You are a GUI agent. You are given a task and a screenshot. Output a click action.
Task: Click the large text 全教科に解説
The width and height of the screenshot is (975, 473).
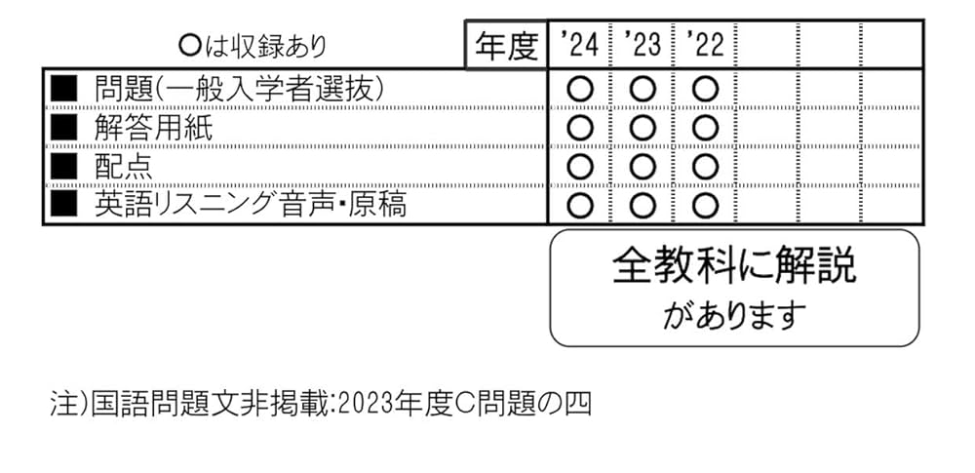[734, 266]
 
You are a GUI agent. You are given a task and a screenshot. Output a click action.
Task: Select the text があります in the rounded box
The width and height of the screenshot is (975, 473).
[734, 314]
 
